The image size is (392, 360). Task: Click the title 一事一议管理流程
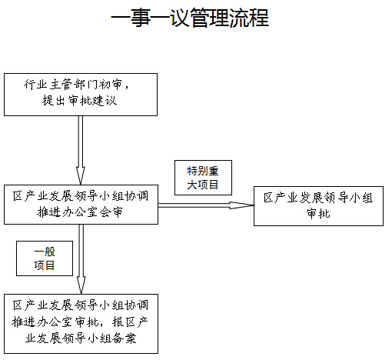click(190, 18)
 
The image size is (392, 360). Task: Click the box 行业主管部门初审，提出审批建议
click(81, 95)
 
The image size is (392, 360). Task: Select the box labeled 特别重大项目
click(203, 178)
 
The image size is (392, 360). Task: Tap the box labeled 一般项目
click(45, 258)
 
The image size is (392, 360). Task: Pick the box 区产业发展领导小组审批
click(318, 206)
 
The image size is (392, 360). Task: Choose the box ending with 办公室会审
click(81, 205)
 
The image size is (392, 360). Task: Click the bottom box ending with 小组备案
click(81, 324)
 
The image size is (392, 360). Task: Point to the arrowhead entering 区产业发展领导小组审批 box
click(241, 205)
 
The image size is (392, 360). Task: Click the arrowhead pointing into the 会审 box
click(81, 176)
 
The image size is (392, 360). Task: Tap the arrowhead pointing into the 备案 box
click(81, 285)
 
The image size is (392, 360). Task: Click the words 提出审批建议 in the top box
click(79, 101)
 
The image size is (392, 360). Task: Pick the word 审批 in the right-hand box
click(318, 213)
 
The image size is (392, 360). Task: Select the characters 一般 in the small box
click(45, 252)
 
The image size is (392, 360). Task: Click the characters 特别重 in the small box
click(203, 171)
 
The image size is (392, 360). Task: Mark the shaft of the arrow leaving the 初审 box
click(81, 142)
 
